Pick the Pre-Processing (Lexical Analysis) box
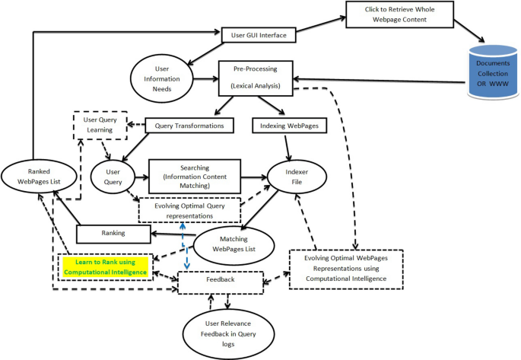[x=256, y=79]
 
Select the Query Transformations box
[x=189, y=125]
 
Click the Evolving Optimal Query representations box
[x=189, y=209]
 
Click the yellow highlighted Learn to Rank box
[x=105, y=267]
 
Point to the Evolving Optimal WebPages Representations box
[x=346, y=268]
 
